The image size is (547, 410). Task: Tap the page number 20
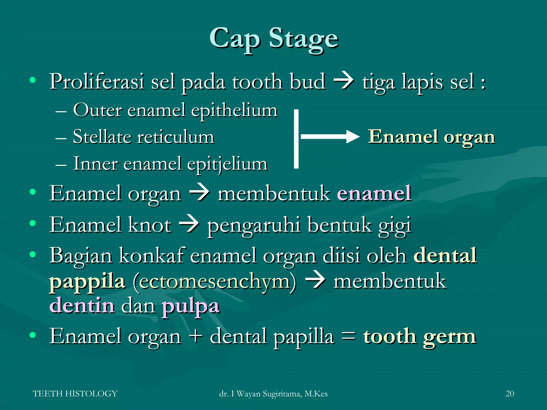point(510,394)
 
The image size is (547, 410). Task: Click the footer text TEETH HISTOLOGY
point(75,394)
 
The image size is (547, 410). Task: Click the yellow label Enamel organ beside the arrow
point(431,137)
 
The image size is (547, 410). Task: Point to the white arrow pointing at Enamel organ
point(330,137)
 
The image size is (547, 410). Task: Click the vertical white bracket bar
point(296,139)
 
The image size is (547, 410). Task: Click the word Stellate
point(102,137)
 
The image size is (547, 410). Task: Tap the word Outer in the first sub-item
point(97,110)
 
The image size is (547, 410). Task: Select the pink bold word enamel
point(374,193)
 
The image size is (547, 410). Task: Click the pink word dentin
point(82,305)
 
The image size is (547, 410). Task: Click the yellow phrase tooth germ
point(419,336)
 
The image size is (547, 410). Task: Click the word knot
point(150,225)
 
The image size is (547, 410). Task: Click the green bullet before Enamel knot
point(33,223)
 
